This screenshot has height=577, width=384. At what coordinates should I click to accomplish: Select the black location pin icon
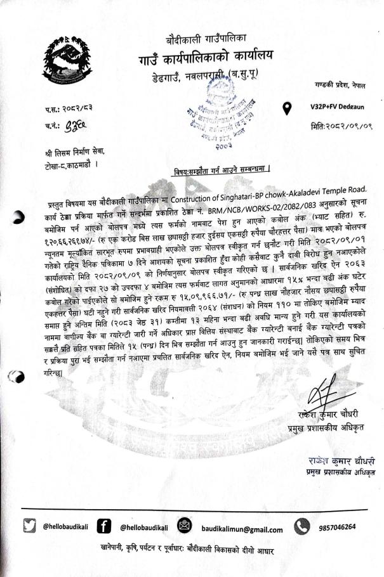(x=288, y=108)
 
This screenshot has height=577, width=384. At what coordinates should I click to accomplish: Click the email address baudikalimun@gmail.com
(x=244, y=529)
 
